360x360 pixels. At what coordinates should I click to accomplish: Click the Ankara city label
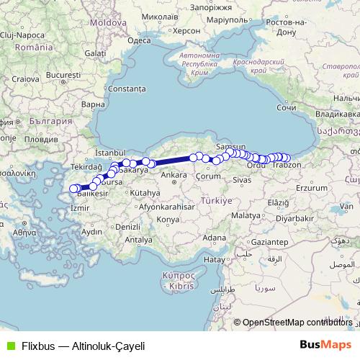[x=173, y=175]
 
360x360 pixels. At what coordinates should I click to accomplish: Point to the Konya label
[x=167, y=219]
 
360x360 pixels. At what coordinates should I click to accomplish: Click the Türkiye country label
[x=216, y=202]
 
